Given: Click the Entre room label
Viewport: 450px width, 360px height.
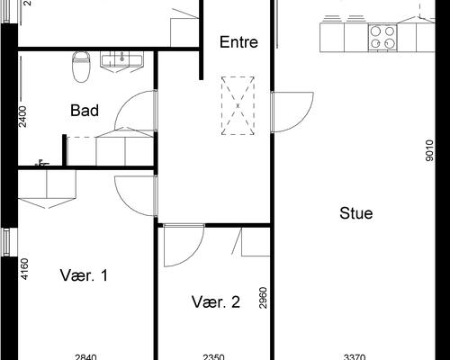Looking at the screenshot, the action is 238,42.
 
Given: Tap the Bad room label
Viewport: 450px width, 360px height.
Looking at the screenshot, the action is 85,111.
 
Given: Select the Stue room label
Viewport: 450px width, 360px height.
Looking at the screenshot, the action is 356,213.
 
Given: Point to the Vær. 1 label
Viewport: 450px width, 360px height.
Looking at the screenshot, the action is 84,275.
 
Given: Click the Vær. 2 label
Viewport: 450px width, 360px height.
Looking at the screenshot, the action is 216,302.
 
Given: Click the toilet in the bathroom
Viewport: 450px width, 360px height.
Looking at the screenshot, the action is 81,67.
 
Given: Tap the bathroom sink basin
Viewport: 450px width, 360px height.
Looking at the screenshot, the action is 121,58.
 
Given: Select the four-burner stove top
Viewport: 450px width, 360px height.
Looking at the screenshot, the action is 382,38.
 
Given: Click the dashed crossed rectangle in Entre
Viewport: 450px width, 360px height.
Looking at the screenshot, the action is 238,105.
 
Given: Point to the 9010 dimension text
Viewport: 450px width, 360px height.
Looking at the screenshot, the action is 429,150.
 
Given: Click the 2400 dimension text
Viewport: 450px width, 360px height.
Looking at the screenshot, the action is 22,117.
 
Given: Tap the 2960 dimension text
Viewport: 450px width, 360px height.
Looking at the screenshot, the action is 263,298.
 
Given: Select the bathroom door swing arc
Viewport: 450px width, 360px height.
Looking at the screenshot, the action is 123,102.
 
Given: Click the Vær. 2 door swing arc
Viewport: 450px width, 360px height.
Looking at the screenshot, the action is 195,255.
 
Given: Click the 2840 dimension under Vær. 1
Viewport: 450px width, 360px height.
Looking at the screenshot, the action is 85,357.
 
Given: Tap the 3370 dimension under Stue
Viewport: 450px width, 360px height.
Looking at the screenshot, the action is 355,357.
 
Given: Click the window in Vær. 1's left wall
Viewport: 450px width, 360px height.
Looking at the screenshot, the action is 6,242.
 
